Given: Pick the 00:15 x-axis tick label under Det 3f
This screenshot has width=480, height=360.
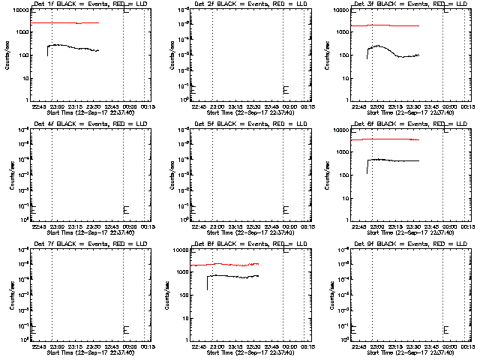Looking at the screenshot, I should pos(466,106).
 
